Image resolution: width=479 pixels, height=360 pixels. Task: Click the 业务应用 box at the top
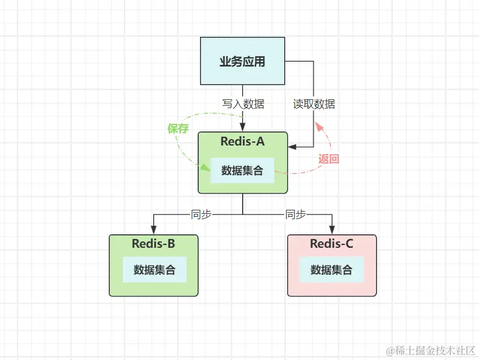pos(242,61)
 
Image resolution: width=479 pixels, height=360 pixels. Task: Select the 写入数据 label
pos(243,104)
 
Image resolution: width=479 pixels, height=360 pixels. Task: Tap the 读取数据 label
pos(314,104)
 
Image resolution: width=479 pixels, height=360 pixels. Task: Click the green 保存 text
pos(178,129)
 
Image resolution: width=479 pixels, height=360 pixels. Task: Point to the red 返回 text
pos(329,158)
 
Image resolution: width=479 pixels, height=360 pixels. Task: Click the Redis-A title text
pos(243,141)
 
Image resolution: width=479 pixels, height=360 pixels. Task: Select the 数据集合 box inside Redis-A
pos(242,171)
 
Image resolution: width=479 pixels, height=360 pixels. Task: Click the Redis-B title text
pos(153,244)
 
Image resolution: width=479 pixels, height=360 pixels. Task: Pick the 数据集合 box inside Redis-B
pos(154,269)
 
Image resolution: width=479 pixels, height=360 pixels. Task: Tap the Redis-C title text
pos(332,244)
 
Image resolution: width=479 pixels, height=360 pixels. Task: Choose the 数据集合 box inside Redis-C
pos(332,269)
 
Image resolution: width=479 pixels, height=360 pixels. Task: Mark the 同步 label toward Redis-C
pos(295,214)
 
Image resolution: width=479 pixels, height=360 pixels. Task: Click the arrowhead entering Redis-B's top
pos(154,230)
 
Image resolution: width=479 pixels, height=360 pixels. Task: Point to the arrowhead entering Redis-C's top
pos(332,230)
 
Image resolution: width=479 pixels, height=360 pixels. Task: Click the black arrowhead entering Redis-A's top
pos(243,128)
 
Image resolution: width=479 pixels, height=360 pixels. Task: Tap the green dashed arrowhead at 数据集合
pos(206,168)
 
